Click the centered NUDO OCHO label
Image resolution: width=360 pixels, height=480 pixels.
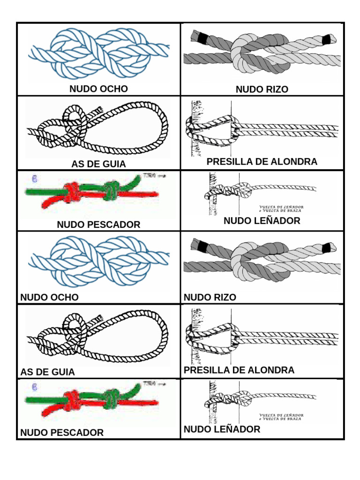(98, 89)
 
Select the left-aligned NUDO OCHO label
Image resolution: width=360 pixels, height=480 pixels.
(49, 297)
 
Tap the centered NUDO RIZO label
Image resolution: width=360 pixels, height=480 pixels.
(262, 89)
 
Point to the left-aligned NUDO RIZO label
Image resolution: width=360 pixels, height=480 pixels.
(210, 297)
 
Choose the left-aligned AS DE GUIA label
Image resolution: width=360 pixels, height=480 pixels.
(47, 372)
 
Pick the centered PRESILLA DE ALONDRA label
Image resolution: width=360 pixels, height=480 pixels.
(262, 162)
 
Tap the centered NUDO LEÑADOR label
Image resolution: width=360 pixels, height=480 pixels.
(262, 221)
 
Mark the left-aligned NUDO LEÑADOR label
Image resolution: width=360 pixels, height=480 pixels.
(222, 429)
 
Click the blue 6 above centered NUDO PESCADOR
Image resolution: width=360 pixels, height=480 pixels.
(34, 179)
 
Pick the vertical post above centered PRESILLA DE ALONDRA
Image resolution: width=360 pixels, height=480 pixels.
(196, 129)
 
